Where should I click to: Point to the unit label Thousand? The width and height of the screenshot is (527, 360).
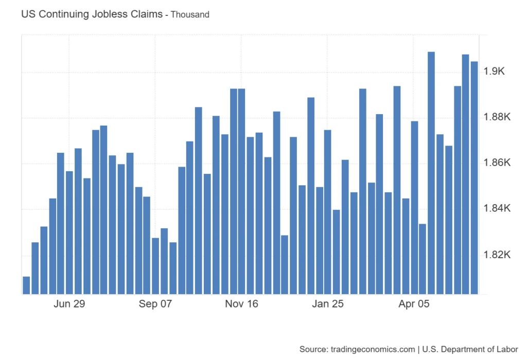point(190,15)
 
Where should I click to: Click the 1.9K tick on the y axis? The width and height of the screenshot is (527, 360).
point(495,71)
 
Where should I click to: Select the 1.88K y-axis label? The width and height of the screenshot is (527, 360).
point(497,117)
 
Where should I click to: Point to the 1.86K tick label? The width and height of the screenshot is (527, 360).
point(497,163)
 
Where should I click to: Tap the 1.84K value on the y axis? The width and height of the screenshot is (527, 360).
point(497,209)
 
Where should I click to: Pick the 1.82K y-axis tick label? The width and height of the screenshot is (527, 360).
point(497,255)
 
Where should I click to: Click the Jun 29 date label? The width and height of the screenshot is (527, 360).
point(69,304)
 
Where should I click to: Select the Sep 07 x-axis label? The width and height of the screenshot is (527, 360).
point(155,304)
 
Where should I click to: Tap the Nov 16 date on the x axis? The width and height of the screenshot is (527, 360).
point(241,304)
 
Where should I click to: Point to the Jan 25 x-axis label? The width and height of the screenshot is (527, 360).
point(328,304)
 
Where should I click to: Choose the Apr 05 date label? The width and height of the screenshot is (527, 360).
point(414,304)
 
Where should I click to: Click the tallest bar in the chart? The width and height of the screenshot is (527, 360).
point(431,173)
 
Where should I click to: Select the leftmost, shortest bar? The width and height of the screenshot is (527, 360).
point(26,285)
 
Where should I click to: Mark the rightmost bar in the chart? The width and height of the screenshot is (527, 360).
point(474,177)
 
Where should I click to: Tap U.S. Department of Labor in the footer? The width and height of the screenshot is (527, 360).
point(470,349)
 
